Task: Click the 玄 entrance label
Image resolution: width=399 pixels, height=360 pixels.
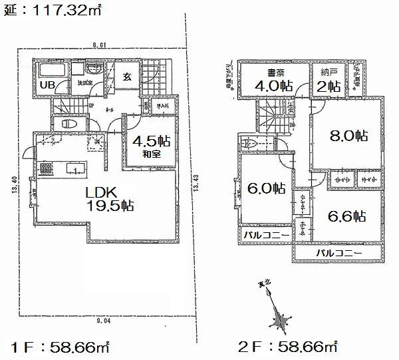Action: [x=126, y=77]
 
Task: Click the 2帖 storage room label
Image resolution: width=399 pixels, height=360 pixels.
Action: [x=329, y=86]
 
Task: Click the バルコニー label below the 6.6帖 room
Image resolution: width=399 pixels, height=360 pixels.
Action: [x=338, y=254]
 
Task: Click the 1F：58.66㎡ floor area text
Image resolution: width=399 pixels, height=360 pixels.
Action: [x=61, y=347]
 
